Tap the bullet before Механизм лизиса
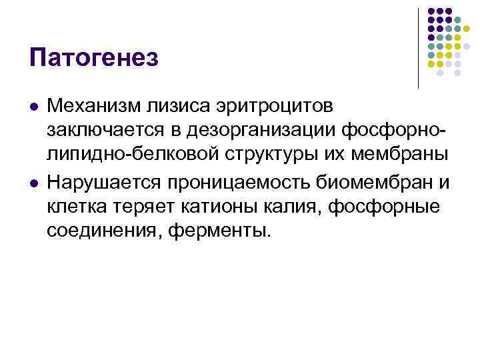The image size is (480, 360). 33,107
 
